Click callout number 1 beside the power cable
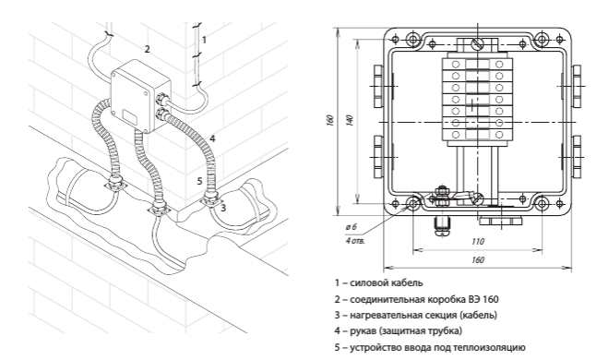(205, 40)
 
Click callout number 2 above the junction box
(147, 49)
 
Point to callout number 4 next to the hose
(212, 138)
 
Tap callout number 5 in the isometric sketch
(200, 181)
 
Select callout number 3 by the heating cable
(223, 208)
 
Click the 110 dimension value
(478, 242)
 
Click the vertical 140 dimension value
(350, 120)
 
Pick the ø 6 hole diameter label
(351, 227)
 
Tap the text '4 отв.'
(355, 241)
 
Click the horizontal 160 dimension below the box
(478, 259)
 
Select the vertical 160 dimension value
(330, 120)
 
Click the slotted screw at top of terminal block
(477, 43)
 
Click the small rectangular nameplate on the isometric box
(130, 116)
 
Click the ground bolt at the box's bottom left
(441, 197)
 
